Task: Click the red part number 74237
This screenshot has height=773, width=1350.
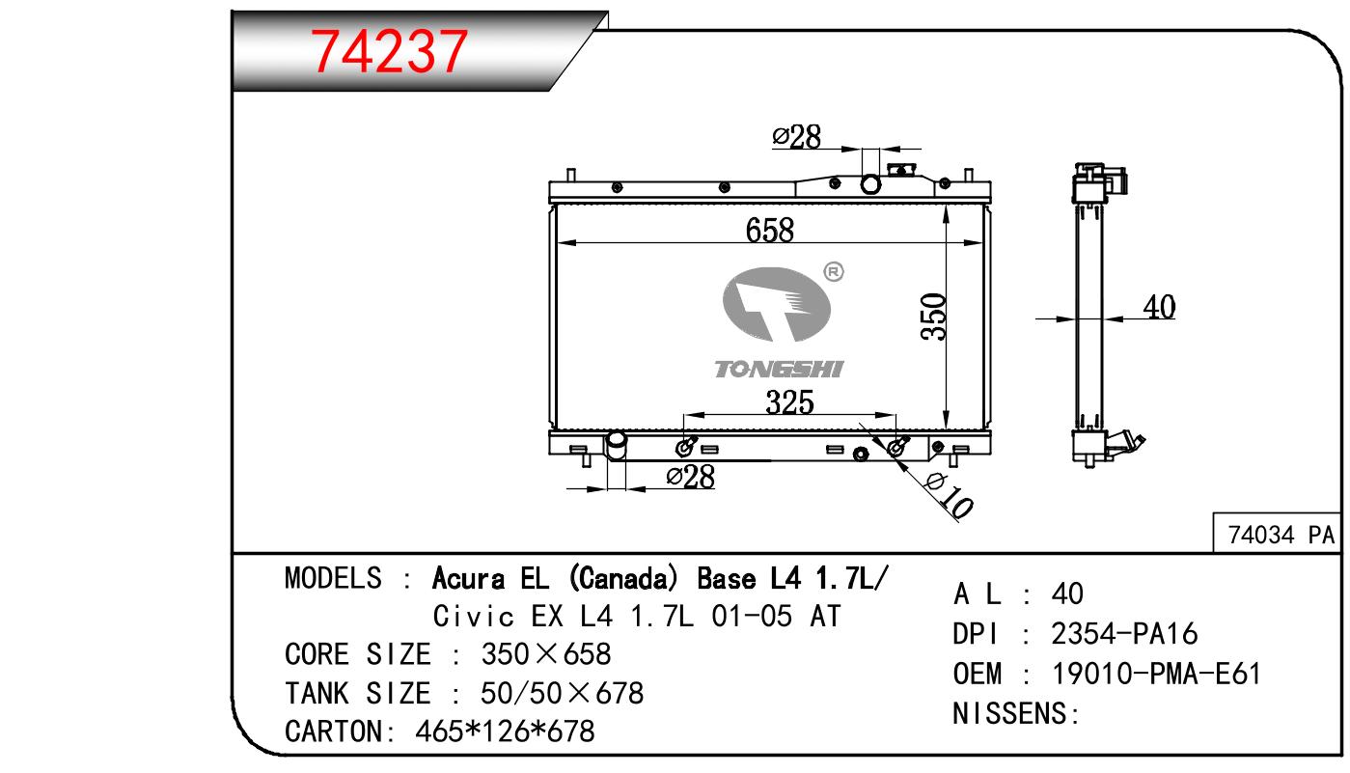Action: (x=389, y=52)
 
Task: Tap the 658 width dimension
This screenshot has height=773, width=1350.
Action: (x=770, y=230)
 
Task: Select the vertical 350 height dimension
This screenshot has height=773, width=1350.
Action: (x=933, y=317)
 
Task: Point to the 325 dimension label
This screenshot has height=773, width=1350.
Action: (x=789, y=401)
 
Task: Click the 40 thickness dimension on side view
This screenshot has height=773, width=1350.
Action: (x=1159, y=307)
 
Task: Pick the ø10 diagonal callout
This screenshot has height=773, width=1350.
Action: (x=950, y=496)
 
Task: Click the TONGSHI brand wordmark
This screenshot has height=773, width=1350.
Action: (x=779, y=370)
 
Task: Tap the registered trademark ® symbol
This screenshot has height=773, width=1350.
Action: (x=834, y=272)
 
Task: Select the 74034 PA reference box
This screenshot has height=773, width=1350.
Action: (x=1277, y=534)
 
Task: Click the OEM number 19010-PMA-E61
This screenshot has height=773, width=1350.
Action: (x=1156, y=674)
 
